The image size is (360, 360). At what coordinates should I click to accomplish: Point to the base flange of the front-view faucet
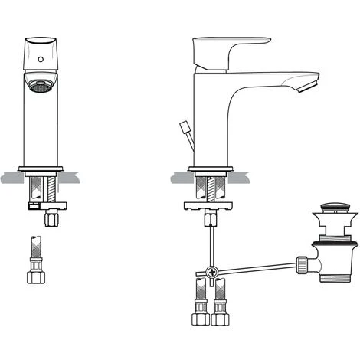coord(40,168)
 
